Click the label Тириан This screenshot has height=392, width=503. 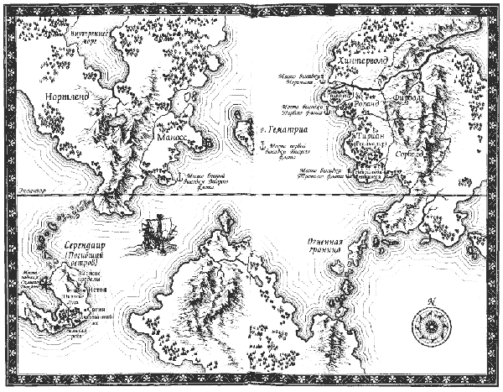tap(369, 135)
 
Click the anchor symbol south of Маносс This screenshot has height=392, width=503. tap(182, 177)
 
